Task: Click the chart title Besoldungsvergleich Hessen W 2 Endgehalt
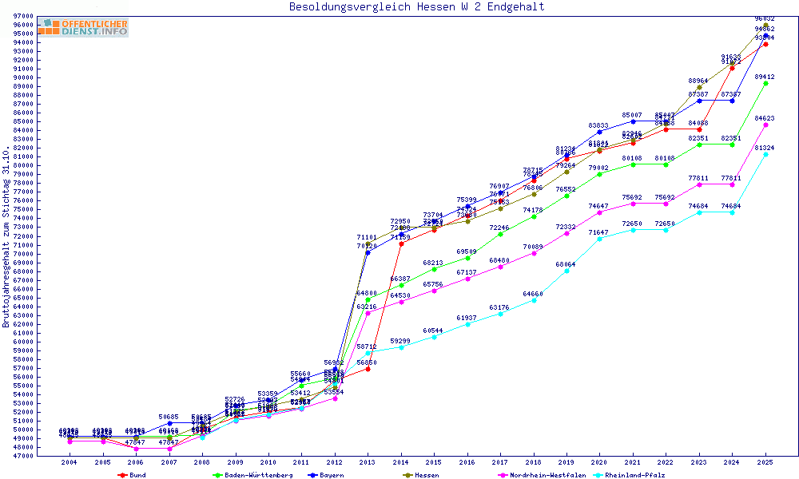[x=416, y=6]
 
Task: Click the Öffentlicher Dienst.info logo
[x=83, y=27]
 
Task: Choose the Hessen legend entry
[x=426, y=475]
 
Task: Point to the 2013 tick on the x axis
[x=368, y=462]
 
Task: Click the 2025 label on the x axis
[x=765, y=462]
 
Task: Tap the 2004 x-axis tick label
[x=70, y=462]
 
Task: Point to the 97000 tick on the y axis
[x=23, y=16]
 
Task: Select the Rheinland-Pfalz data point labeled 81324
[x=765, y=154]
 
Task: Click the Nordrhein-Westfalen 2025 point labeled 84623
[x=765, y=125]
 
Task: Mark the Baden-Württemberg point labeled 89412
[x=765, y=83]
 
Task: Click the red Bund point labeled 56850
[x=368, y=369]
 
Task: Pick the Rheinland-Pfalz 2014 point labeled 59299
[x=401, y=347]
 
